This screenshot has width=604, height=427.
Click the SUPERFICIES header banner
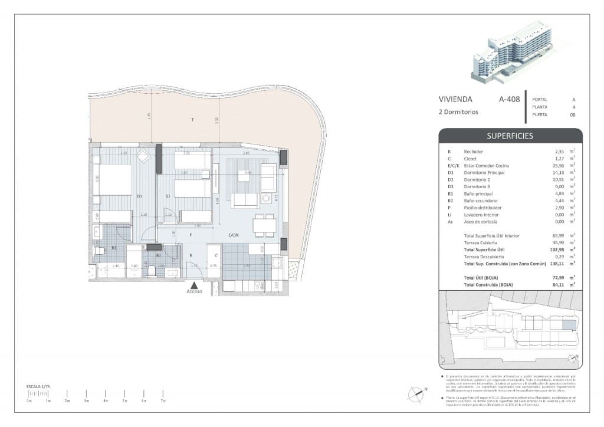point(510,136)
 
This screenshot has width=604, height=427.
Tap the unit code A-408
point(509,100)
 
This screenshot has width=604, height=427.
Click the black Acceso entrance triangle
point(194,285)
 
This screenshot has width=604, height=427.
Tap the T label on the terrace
point(192,120)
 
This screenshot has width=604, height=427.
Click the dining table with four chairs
point(264,225)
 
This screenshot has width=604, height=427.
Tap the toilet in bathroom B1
point(99,251)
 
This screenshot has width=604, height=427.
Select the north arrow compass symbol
point(417,391)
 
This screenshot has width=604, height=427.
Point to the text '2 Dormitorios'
point(458,111)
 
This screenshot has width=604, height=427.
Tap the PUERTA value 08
point(572,116)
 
